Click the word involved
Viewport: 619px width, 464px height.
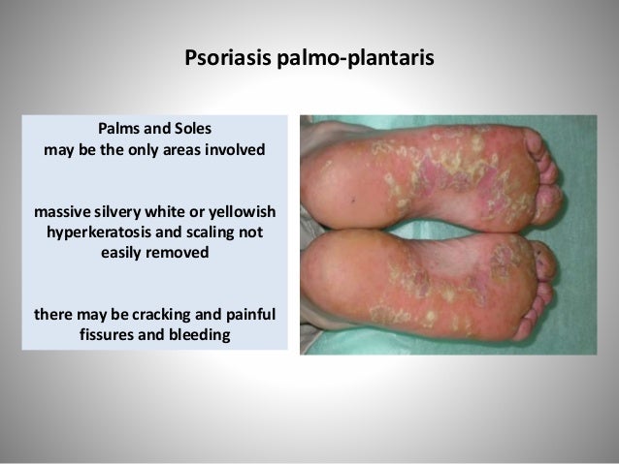231,152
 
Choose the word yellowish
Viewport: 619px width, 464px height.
244,212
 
